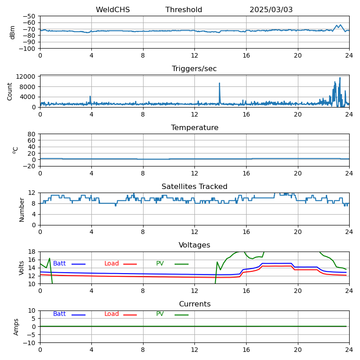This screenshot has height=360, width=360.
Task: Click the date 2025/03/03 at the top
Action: tap(271, 10)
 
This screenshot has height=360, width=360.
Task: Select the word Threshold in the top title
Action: tap(184, 10)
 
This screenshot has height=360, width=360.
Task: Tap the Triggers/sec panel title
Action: tap(194, 69)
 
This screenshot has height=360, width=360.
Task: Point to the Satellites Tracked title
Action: tap(194, 187)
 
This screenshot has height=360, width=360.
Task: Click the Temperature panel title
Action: tap(194, 128)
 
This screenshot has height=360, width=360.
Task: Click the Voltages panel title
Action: tap(194, 245)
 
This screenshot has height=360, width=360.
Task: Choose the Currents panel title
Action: tap(194, 304)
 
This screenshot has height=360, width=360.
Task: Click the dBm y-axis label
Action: tap(13, 32)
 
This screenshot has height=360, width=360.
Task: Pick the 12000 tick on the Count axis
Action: tap(26, 77)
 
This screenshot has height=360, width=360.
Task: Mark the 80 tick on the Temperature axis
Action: tap(31, 134)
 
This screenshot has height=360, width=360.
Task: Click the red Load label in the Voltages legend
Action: tap(112, 264)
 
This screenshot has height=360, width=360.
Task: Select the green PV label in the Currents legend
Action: tap(160, 314)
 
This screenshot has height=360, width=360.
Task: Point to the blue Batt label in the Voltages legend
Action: tap(59, 264)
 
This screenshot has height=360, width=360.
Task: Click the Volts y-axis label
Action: tap(22, 268)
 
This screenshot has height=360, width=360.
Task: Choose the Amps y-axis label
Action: tap(16, 327)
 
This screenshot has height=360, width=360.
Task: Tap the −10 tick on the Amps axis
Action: tap(30, 343)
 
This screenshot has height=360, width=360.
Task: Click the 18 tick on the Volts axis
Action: tap(31, 252)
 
